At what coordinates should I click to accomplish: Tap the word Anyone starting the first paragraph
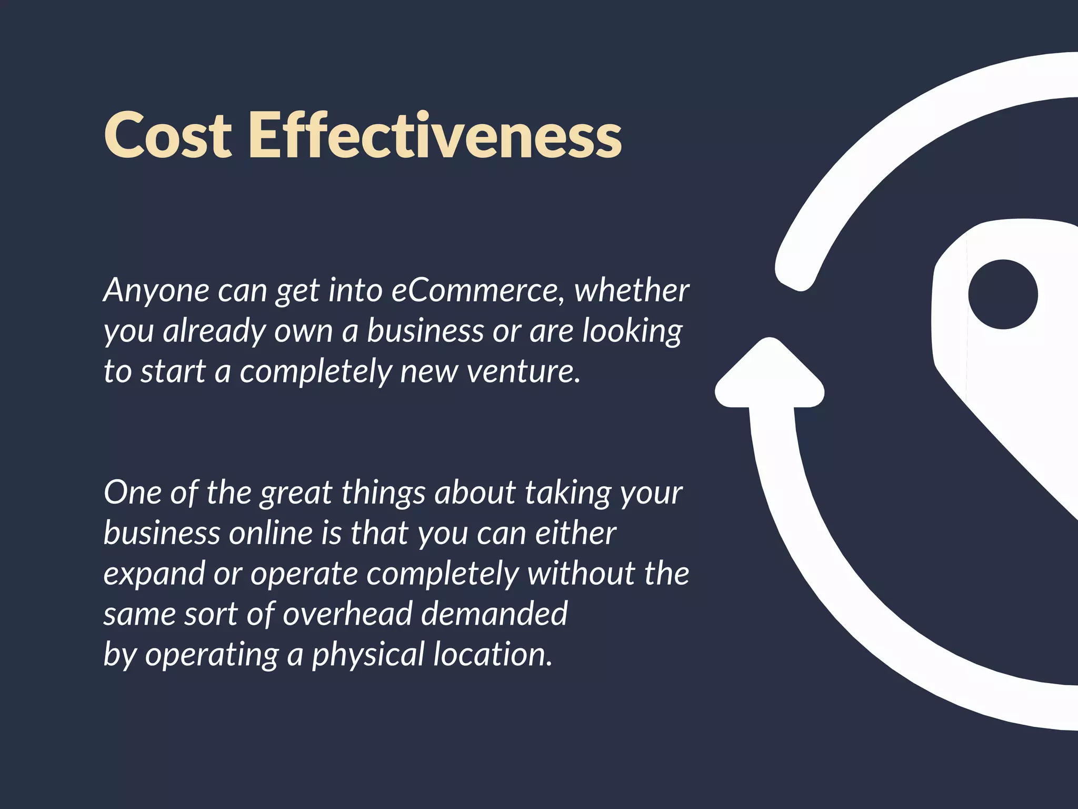click(x=156, y=291)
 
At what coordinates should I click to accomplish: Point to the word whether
click(x=631, y=291)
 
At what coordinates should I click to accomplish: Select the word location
click(x=493, y=655)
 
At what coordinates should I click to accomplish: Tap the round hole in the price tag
click(x=1003, y=294)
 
